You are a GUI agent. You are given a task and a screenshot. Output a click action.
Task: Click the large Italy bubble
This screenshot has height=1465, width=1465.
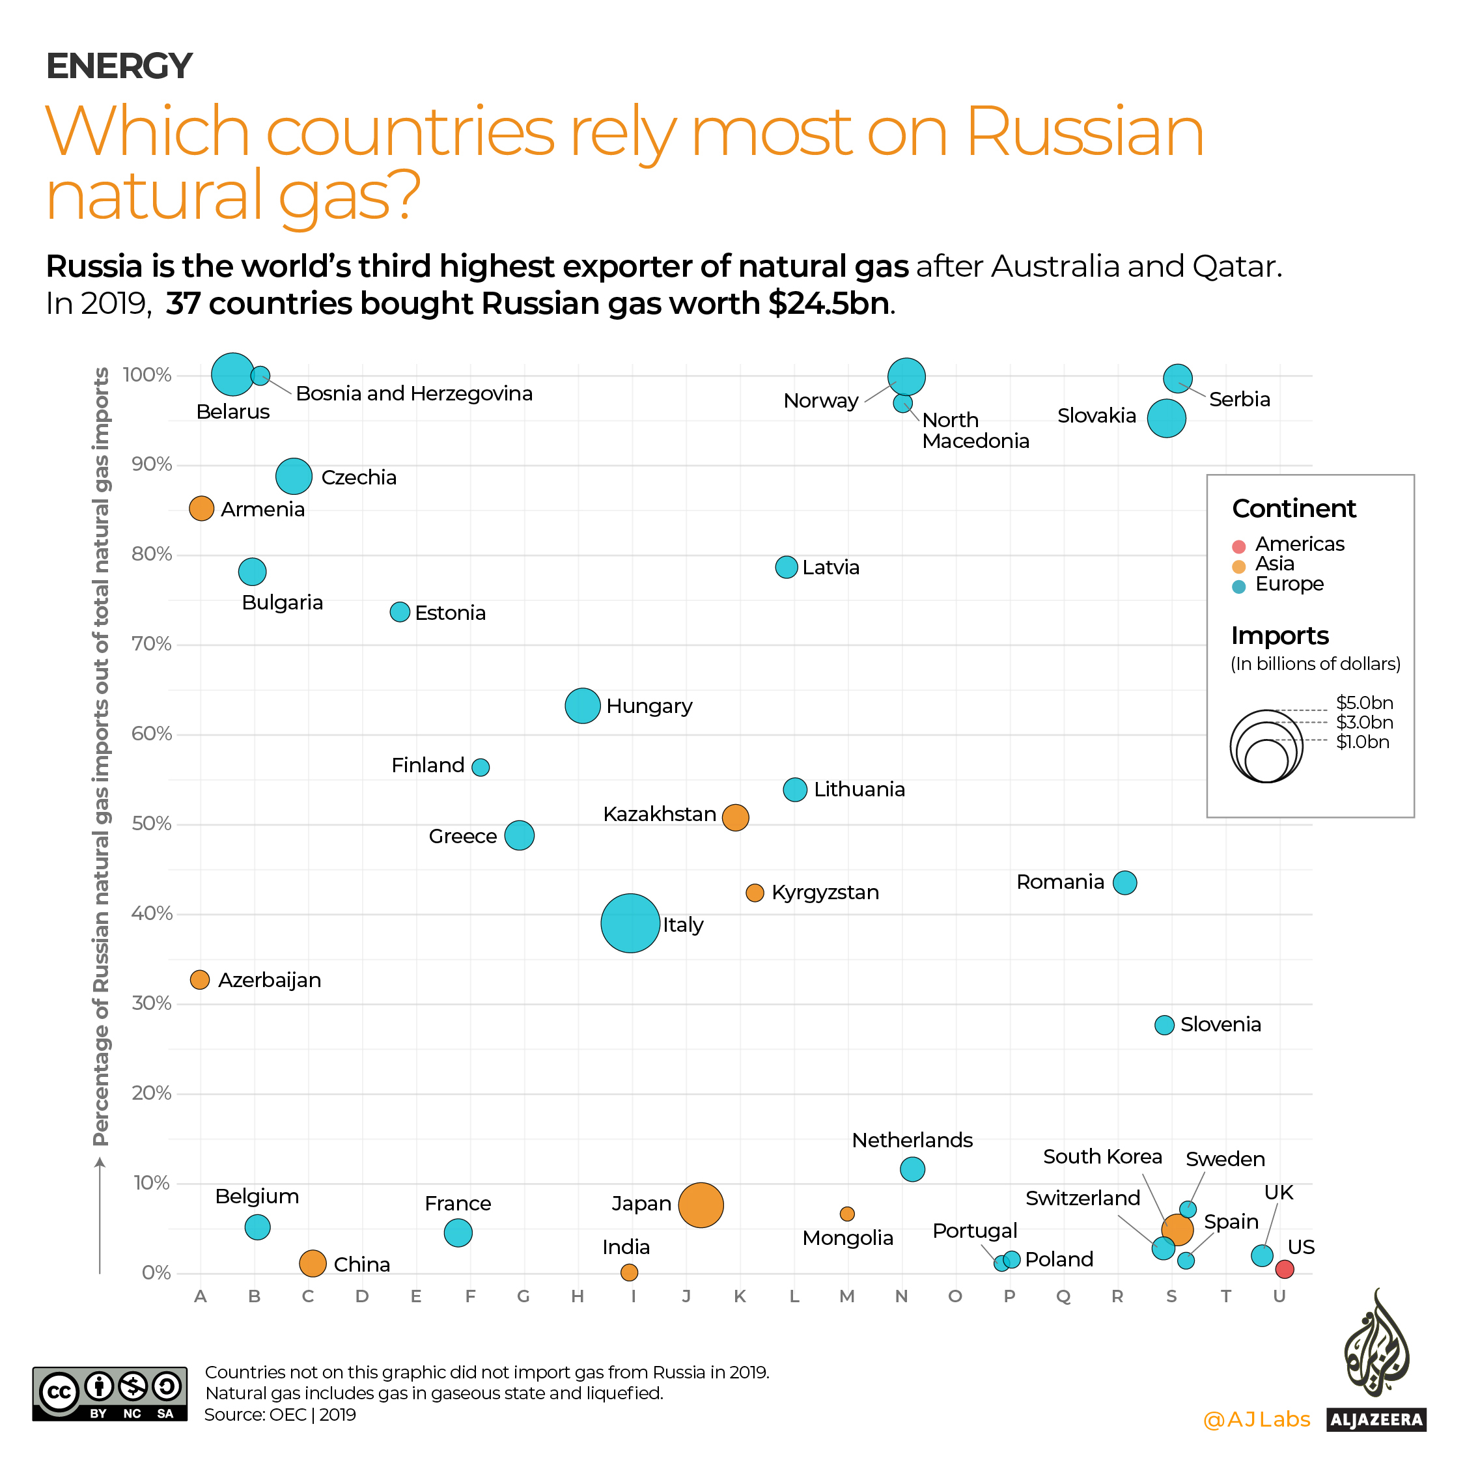[630, 923]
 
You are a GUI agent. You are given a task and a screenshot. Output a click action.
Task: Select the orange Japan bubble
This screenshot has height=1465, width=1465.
[701, 1205]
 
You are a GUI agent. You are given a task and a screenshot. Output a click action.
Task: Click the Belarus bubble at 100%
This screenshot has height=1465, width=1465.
[233, 374]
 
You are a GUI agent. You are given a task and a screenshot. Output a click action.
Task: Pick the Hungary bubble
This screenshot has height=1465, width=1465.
[582, 706]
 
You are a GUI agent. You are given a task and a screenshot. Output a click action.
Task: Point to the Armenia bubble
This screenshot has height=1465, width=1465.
[201, 508]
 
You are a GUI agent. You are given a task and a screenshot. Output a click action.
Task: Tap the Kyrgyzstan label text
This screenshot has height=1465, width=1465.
[825, 893]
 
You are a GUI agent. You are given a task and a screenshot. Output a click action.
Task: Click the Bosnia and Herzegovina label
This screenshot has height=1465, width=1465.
[414, 393]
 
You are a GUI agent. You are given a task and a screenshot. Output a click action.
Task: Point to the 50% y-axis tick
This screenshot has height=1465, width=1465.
[152, 824]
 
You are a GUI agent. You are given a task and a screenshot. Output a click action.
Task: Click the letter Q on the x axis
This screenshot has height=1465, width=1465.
[1063, 1296]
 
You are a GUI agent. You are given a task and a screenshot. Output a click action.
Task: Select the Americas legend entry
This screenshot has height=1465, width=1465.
[1298, 544]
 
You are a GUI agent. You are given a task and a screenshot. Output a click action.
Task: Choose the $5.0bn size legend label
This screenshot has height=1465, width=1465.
[1364, 703]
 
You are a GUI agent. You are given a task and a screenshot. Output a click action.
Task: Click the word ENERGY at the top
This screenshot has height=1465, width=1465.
[119, 66]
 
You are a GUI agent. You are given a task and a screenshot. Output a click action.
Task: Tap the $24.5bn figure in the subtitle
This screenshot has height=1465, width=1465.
[828, 303]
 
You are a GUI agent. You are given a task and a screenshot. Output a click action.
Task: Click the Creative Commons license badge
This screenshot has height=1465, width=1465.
[109, 1394]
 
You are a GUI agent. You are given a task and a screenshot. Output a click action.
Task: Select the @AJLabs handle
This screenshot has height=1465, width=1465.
[1257, 1419]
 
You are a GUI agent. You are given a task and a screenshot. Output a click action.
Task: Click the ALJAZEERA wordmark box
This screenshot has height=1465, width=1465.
[1376, 1419]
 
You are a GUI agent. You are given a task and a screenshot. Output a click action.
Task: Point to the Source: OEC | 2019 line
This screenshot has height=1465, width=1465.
[280, 1415]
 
